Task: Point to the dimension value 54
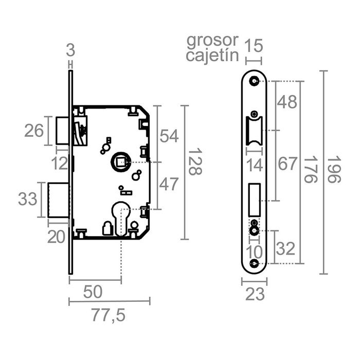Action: [x=169, y=136]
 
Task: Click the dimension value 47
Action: [x=169, y=184]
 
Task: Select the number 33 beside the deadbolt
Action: [x=28, y=198]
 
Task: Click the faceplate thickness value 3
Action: [x=71, y=50]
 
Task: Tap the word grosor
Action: [x=212, y=40]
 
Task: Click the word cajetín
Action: [x=212, y=55]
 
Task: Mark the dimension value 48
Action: [x=287, y=102]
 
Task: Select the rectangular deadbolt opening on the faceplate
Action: [x=255, y=197]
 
